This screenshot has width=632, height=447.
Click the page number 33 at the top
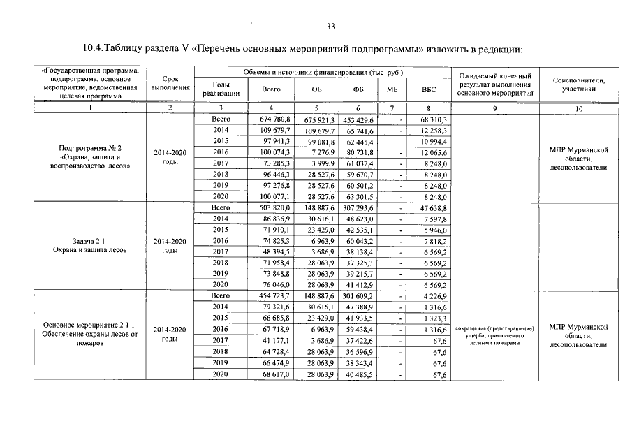(330, 27)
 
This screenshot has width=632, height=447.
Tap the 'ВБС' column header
(428, 89)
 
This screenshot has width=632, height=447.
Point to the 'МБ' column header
(391, 89)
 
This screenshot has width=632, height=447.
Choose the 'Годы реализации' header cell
(221, 89)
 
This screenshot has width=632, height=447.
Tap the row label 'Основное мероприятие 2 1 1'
(90, 326)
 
